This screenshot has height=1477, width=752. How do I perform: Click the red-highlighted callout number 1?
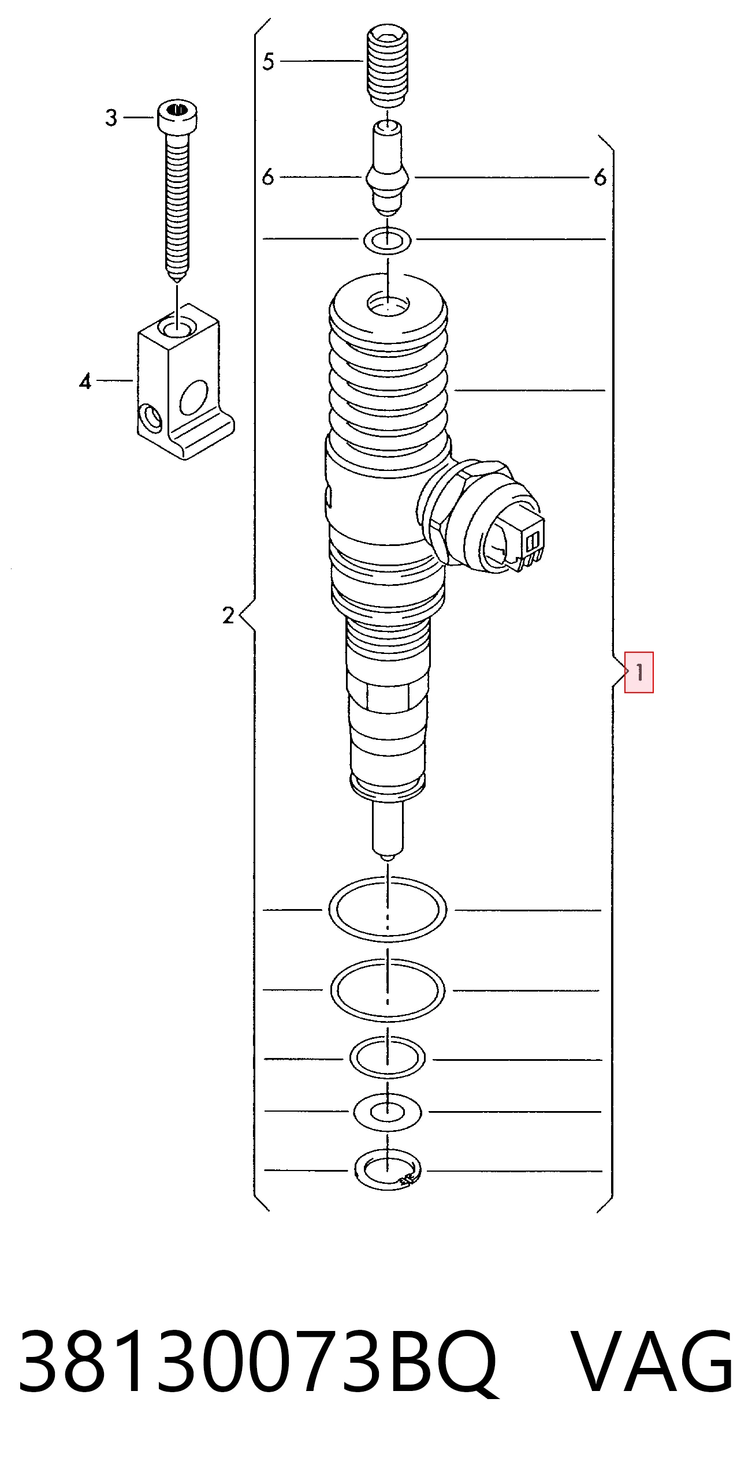[x=639, y=672]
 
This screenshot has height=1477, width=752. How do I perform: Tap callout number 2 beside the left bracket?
[x=228, y=615]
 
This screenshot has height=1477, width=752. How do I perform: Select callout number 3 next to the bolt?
[x=111, y=118]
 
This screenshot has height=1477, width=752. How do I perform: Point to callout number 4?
[x=85, y=381]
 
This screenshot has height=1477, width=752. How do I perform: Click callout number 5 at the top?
[x=268, y=61]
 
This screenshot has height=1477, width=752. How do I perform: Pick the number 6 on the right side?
[x=600, y=177]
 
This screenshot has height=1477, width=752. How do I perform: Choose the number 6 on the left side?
[x=267, y=177]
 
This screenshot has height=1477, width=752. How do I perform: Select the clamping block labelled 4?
[x=185, y=386]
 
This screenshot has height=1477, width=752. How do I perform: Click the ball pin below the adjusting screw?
[x=388, y=167]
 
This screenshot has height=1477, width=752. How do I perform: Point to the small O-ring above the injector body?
[x=387, y=240]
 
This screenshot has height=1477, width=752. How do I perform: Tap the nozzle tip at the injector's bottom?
[x=388, y=829]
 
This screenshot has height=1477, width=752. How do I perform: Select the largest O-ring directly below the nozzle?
[x=388, y=910]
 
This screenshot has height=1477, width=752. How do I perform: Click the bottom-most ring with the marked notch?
[x=388, y=1170]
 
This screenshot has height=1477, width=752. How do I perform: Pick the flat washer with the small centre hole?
[x=388, y=1112]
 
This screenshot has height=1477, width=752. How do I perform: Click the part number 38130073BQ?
[x=258, y=1362]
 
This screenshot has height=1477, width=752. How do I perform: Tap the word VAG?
[x=653, y=1361]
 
